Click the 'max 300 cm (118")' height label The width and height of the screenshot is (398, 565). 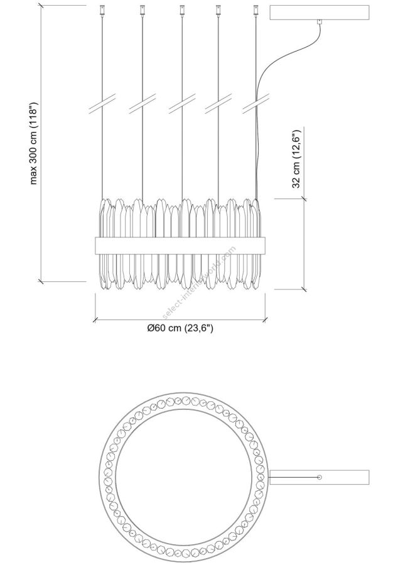point(33,143)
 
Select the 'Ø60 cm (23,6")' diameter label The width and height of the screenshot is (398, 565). point(180,328)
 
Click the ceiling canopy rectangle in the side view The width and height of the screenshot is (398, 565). point(319,13)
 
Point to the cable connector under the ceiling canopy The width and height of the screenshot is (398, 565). point(319,22)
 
